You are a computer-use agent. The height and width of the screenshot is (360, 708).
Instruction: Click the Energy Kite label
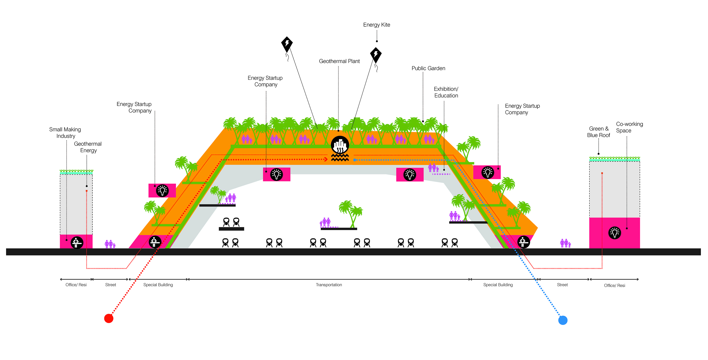pyautogui.click(x=376, y=25)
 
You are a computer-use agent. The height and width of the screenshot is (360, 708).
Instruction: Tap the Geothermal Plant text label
pyautogui.click(x=339, y=61)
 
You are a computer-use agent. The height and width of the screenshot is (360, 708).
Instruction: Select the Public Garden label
pyautogui.click(x=428, y=68)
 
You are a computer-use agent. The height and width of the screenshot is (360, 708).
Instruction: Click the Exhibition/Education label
pyautogui.click(x=446, y=92)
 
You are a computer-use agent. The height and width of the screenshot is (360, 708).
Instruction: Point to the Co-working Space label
pyautogui.click(x=629, y=127)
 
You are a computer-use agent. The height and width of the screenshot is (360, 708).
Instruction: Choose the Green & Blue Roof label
pyautogui.click(x=598, y=132)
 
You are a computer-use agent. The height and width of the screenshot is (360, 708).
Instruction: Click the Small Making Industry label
pyautogui.click(x=65, y=132)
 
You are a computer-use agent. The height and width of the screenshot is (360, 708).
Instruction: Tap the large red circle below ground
pyautogui.click(x=109, y=318)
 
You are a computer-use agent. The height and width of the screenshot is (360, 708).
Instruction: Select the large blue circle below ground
pyautogui.click(x=563, y=320)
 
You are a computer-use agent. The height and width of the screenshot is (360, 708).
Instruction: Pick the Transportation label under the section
pyautogui.click(x=329, y=285)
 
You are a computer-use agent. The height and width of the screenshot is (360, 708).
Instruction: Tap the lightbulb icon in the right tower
pyautogui.click(x=615, y=233)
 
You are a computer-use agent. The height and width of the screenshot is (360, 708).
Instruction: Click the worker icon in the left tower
pyautogui.click(x=77, y=242)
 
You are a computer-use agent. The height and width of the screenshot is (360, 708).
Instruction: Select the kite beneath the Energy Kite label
pyautogui.click(x=376, y=54)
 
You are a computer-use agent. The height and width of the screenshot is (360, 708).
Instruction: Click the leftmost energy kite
pyautogui.click(x=287, y=44)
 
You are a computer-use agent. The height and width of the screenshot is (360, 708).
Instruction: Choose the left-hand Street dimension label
pyautogui.click(x=110, y=285)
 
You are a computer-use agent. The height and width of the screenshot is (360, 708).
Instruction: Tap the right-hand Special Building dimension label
pyautogui.click(x=498, y=285)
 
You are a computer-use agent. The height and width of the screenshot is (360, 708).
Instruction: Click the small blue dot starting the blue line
pyautogui.click(x=354, y=160)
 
